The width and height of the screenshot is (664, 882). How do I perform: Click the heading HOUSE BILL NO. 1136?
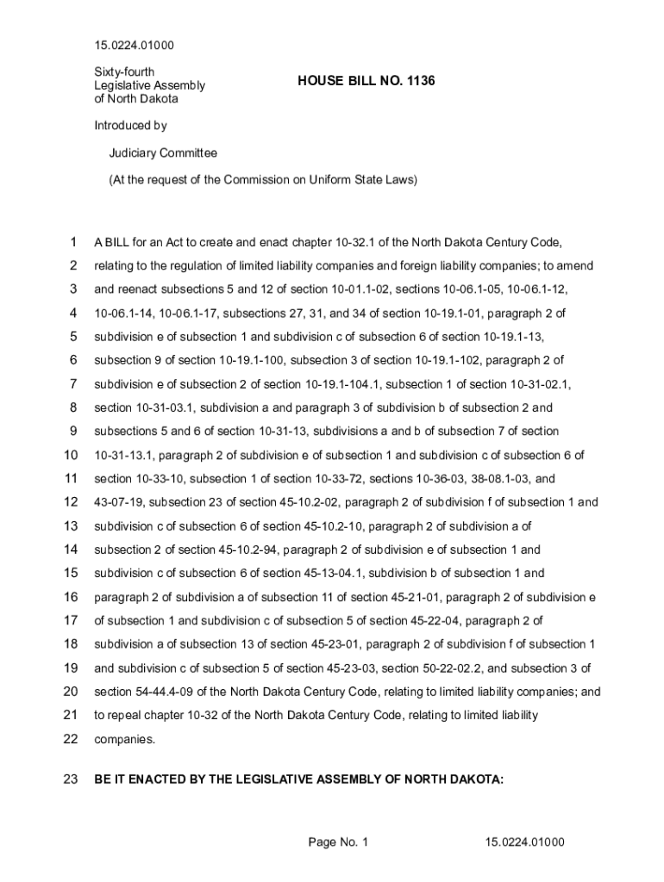click(366, 81)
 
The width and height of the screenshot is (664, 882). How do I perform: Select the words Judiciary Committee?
click(162, 153)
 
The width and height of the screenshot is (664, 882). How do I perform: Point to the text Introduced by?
click(130, 126)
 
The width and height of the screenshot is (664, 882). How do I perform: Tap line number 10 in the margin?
click(71, 455)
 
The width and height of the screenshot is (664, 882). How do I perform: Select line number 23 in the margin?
click(71, 780)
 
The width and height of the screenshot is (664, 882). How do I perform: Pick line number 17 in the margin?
click(71, 620)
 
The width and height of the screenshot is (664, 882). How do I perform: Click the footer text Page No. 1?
click(338, 842)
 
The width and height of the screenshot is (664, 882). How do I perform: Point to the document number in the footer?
click(524, 842)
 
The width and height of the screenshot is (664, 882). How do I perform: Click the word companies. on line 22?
click(124, 739)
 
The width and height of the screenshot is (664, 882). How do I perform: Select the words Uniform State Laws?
click(363, 180)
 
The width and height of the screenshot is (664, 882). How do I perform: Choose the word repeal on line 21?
click(127, 715)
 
